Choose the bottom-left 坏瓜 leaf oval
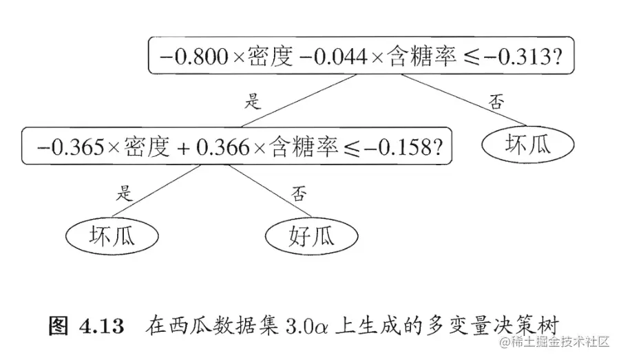pyautogui.click(x=112, y=236)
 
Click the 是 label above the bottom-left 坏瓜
pyautogui.click(x=125, y=192)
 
